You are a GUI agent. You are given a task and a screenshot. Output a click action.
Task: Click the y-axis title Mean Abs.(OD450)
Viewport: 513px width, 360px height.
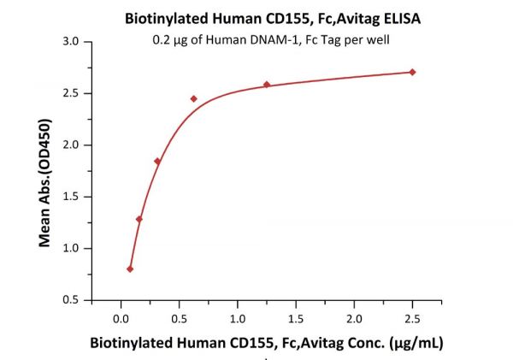point(45,172)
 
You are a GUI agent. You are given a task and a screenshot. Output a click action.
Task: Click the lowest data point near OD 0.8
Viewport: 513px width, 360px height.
point(130,269)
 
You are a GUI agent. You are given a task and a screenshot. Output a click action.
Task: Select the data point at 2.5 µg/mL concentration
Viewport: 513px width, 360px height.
point(413,72)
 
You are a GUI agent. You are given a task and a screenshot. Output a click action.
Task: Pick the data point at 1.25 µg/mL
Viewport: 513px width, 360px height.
point(266,85)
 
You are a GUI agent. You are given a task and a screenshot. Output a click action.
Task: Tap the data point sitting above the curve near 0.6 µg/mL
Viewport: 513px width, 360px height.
point(193,99)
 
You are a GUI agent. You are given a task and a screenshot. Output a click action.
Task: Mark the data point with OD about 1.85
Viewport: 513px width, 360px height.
point(157,161)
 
